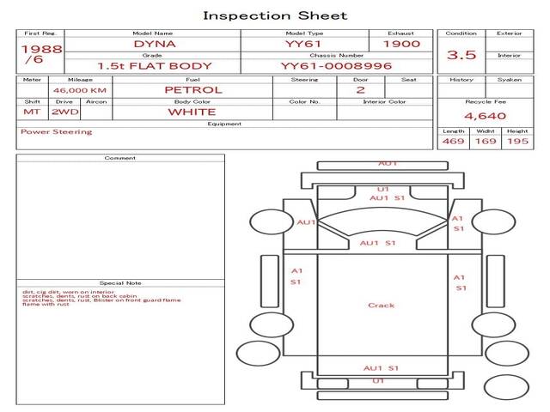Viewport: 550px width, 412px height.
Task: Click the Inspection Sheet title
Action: (275, 15)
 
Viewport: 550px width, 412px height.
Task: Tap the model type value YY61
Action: (303, 44)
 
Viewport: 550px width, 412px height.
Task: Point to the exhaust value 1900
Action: (401, 44)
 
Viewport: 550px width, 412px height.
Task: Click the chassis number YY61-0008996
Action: (336, 65)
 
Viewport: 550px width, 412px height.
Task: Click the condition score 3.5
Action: (461, 55)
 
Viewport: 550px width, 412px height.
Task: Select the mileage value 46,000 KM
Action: (79, 90)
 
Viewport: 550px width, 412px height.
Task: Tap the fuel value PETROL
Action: (192, 89)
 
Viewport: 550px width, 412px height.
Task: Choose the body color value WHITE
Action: (192, 112)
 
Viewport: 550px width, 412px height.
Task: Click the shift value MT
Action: (31, 112)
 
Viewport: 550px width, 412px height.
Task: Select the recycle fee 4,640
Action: (485, 115)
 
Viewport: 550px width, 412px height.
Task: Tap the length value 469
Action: (453, 141)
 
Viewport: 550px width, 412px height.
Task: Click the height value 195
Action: (517, 141)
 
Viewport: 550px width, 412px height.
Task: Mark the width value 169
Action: (486, 141)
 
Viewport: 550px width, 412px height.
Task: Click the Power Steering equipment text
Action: (56, 132)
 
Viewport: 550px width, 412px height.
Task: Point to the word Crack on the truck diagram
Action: (381, 306)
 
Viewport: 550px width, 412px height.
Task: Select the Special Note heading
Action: (120, 282)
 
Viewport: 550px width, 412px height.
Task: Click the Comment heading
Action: (120, 158)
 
